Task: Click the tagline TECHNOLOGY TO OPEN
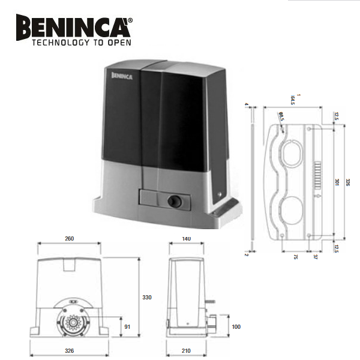[81, 43]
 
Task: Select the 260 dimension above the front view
[69, 239]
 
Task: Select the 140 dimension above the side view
[186, 239]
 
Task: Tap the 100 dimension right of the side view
[236, 326]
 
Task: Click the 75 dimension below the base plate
[296, 257]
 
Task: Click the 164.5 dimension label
[293, 98]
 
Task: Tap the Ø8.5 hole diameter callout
[281, 117]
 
